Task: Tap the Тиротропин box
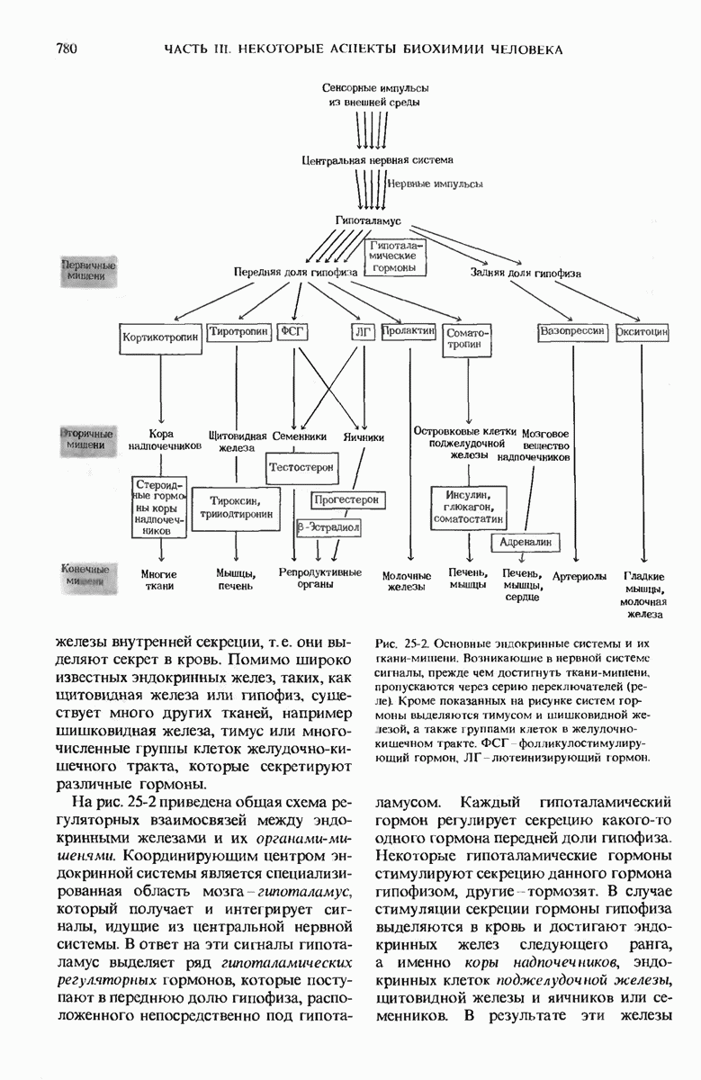pyautogui.click(x=238, y=332)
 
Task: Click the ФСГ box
pyautogui.click(x=293, y=332)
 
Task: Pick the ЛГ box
pyautogui.click(x=363, y=332)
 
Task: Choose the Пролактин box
pyautogui.click(x=409, y=332)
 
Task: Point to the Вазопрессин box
pyautogui.click(x=572, y=332)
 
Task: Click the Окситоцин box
pyautogui.click(x=642, y=332)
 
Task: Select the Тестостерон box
pyautogui.click(x=301, y=468)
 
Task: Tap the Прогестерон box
pyautogui.click(x=346, y=499)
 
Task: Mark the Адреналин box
pyautogui.click(x=526, y=542)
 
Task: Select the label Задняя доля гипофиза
pyautogui.click(x=526, y=272)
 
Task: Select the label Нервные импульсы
pyautogui.click(x=434, y=183)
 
